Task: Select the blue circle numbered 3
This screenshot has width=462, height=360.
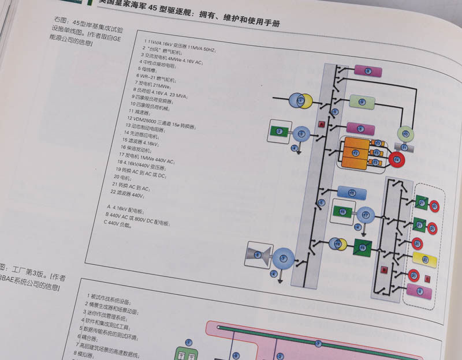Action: (300, 134)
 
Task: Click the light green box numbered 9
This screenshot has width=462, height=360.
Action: (362, 102)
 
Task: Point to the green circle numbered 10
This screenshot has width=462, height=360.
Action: (405, 134)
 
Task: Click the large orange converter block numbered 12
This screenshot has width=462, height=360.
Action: (355, 153)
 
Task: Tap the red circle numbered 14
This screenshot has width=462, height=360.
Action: (397, 159)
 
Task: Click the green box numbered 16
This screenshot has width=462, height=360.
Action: (342, 213)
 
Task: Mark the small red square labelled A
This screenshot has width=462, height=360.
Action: (322, 124)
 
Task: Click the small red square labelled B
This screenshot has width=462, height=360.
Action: (383, 269)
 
